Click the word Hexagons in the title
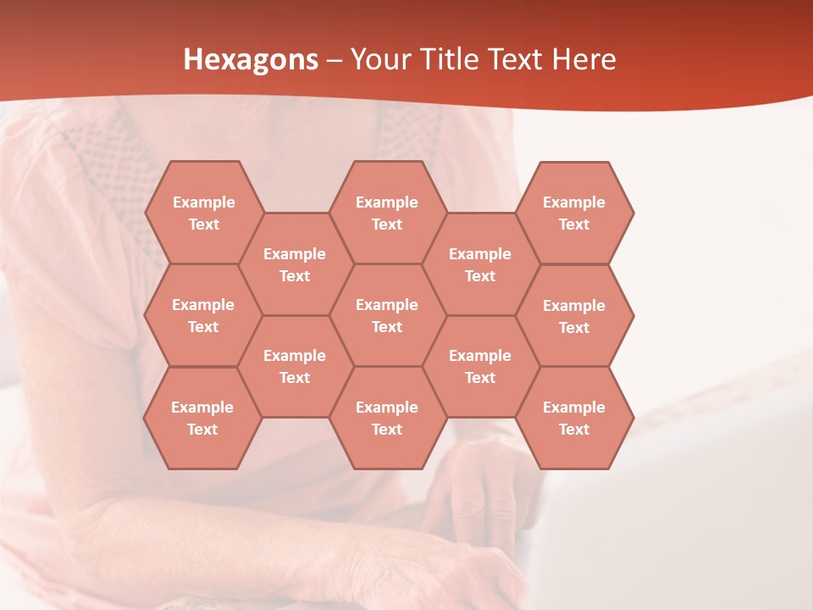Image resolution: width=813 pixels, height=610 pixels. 251,59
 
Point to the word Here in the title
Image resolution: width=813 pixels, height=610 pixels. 584,59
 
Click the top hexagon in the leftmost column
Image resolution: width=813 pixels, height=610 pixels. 203,213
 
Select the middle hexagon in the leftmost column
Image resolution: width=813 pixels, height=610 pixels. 203,315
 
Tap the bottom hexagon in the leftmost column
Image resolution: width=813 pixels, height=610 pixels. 202,418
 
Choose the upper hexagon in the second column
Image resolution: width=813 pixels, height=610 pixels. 295,264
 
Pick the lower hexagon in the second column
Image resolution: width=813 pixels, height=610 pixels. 295,366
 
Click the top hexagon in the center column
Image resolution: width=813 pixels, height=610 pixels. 387,213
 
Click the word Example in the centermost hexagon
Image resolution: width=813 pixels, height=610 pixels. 387,305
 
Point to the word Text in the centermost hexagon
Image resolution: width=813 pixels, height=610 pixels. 387,327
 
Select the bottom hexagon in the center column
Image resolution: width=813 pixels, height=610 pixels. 387,418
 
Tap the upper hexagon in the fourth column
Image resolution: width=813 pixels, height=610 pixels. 480,264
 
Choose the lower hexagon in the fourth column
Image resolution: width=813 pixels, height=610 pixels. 480,366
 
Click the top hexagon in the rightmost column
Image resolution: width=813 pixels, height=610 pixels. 574,213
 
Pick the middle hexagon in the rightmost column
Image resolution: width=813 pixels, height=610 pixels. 574,316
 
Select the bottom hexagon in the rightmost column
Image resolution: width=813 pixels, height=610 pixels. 574,418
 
